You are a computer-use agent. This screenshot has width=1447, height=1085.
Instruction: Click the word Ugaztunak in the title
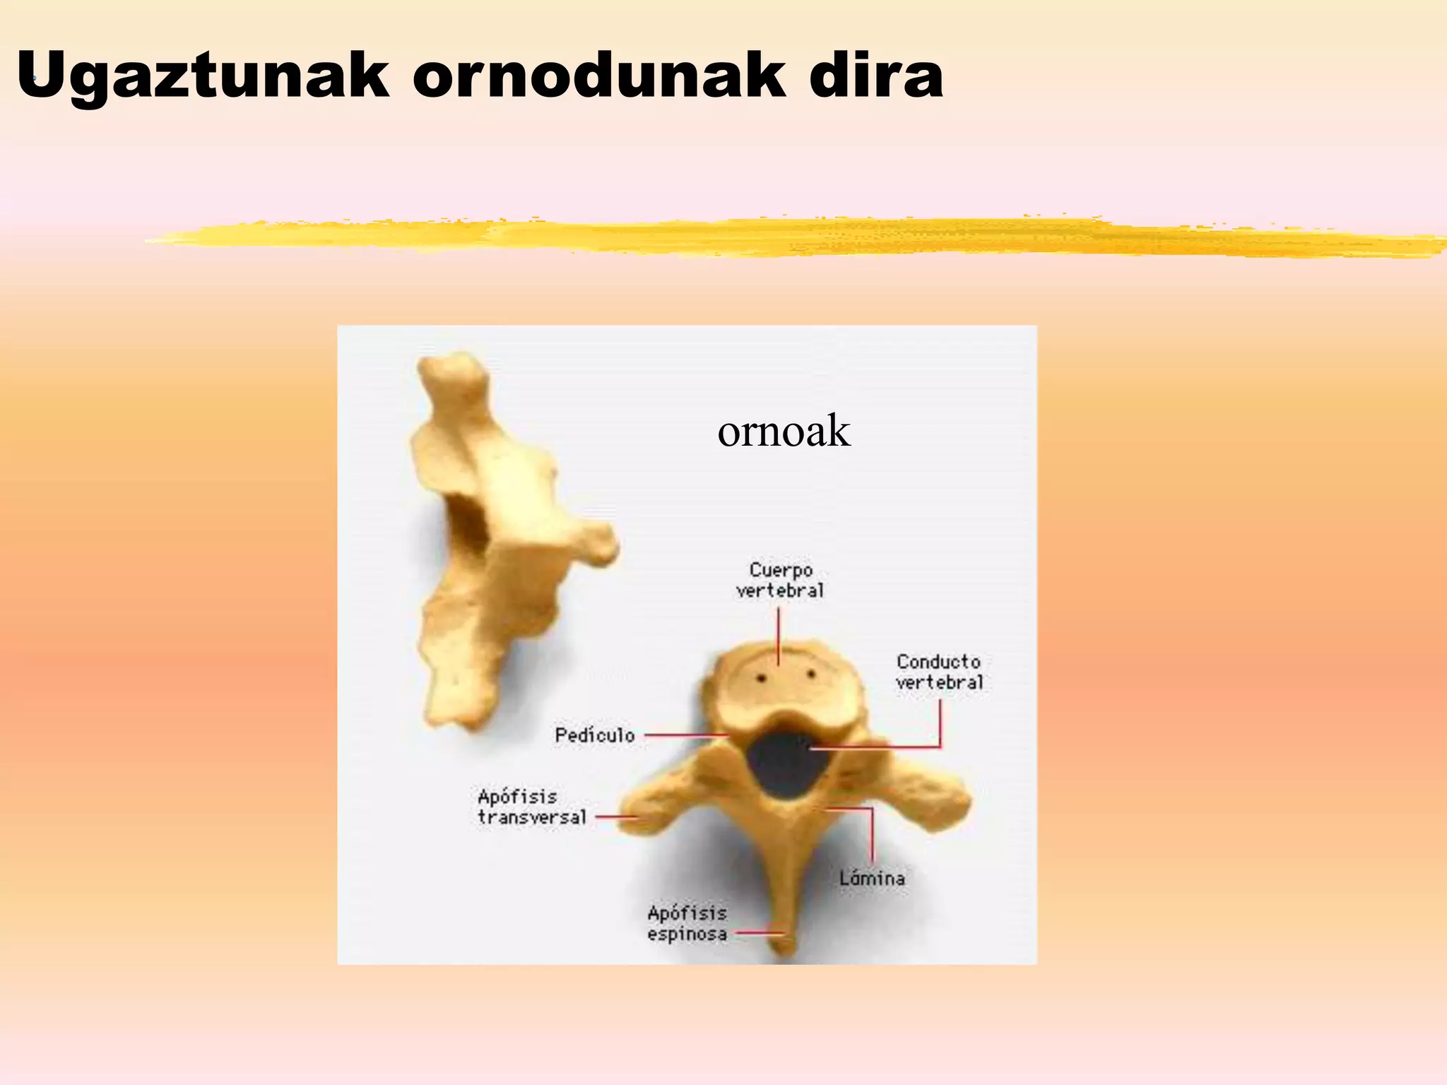(x=203, y=76)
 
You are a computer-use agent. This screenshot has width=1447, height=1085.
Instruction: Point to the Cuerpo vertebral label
(x=780, y=580)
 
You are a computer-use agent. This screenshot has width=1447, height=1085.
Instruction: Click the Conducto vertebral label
(x=939, y=672)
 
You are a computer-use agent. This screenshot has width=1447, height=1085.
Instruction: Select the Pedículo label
(x=595, y=735)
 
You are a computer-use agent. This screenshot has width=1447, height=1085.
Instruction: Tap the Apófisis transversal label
(x=531, y=807)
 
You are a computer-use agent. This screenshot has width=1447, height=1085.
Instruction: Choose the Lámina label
(x=872, y=878)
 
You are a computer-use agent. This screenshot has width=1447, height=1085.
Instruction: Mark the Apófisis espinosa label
(x=687, y=923)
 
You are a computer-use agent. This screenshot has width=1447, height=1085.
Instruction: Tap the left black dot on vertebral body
(x=762, y=678)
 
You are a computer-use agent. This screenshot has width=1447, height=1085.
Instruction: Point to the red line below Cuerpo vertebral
(x=779, y=636)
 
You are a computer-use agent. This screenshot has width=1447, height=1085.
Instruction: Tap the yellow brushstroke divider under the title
(x=777, y=237)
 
